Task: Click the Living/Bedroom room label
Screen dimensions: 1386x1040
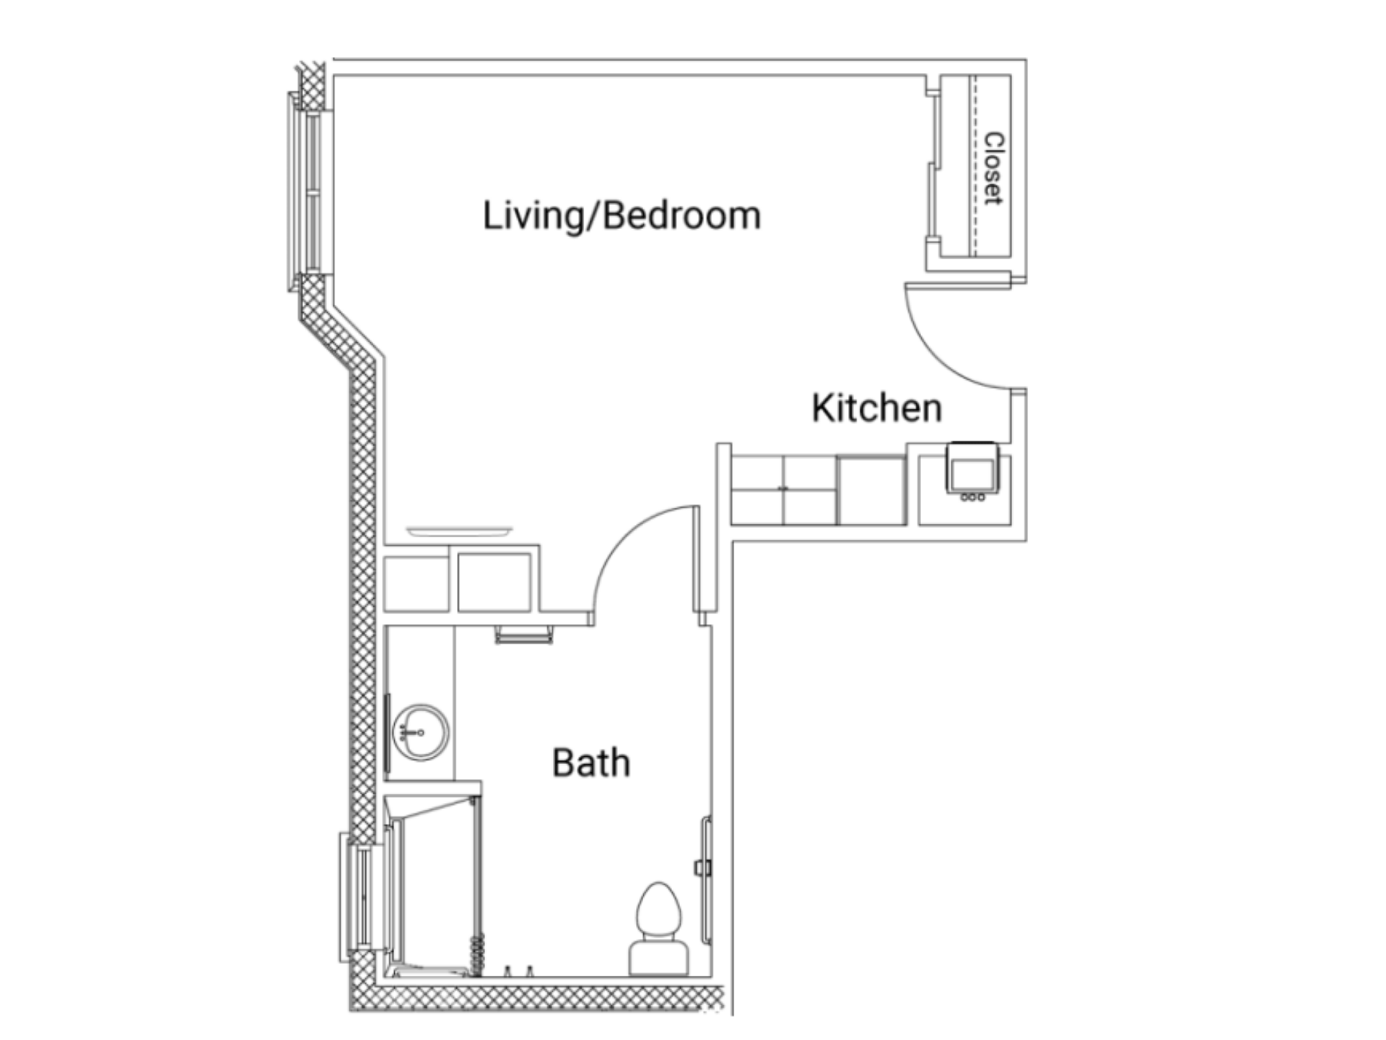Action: click(x=622, y=216)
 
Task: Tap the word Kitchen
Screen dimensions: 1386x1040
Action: click(x=877, y=408)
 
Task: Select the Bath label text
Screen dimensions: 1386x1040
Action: click(x=591, y=763)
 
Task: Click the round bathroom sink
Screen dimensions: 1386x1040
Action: click(x=420, y=732)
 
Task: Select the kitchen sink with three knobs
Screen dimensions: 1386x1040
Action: click(x=972, y=472)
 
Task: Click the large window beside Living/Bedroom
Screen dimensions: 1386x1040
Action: click(x=308, y=192)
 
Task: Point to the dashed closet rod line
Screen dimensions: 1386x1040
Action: click(x=973, y=165)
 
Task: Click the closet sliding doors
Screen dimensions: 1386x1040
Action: click(x=933, y=165)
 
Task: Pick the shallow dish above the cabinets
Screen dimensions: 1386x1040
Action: click(x=459, y=532)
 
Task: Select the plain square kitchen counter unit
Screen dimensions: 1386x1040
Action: click(x=871, y=490)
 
